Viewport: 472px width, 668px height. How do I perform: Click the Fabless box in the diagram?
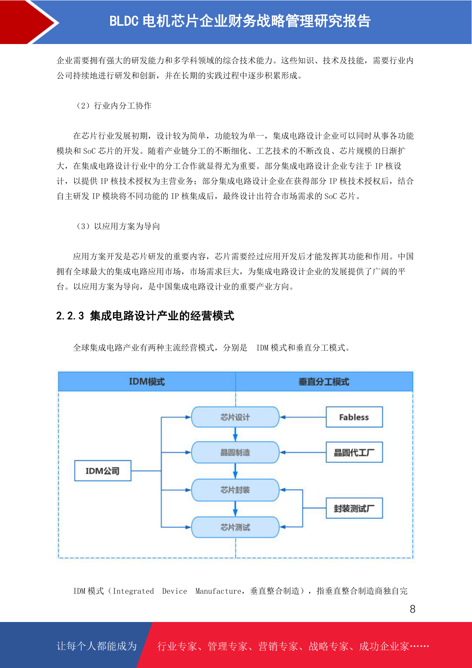(x=354, y=417)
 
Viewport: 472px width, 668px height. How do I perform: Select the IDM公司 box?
(x=103, y=470)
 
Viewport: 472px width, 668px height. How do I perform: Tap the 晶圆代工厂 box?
(x=354, y=452)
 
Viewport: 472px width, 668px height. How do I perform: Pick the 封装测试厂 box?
(x=354, y=508)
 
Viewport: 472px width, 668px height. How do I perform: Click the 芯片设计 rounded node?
(x=235, y=417)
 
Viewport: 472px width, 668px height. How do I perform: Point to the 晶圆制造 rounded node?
(x=235, y=452)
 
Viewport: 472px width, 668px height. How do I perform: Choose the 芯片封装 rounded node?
(x=235, y=489)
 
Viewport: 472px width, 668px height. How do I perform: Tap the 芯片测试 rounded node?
(x=235, y=527)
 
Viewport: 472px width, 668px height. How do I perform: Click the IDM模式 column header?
(x=147, y=382)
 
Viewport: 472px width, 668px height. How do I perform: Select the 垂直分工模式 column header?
(x=324, y=382)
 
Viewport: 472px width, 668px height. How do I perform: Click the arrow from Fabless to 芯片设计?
(x=303, y=417)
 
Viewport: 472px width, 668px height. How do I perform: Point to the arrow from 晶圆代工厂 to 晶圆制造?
(x=303, y=452)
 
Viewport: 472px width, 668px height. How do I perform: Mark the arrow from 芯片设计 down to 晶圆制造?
(x=235, y=434)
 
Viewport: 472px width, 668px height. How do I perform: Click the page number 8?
(x=413, y=609)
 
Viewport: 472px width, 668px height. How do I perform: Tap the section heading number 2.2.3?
(x=70, y=316)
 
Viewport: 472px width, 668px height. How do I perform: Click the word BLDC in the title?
(x=124, y=21)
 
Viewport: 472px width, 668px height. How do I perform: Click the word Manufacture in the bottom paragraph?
(x=218, y=591)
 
